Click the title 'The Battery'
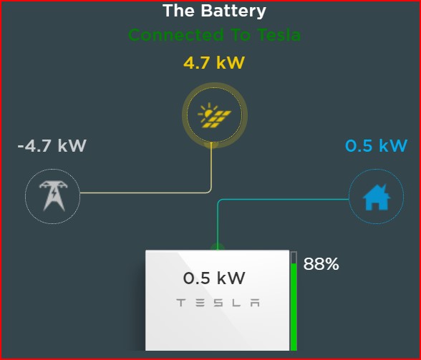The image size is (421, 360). pyautogui.click(x=214, y=11)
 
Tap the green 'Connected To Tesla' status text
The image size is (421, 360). pyautogui.click(x=214, y=35)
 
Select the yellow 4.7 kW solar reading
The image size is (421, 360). pyautogui.click(x=214, y=63)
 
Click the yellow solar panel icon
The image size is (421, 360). pyautogui.click(x=215, y=115)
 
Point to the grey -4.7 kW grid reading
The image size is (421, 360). pyautogui.click(x=52, y=146)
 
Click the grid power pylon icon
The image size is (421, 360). pyautogui.click(x=53, y=195)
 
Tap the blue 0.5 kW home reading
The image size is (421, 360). pyautogui.click(x=376, y=146)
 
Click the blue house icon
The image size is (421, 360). pyautogui.click(x=377, y=197)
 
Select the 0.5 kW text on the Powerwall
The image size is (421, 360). pyautogui.click(x=214, y=278)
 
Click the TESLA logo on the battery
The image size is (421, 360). pyautogui.click(x=218, y=303)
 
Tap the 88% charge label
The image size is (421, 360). pyautogui.click(x=321, y=264)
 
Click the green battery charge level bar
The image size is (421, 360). pyautogui.click(x=294, y=307)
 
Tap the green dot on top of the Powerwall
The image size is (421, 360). pyautogui.click(x=218, y=247)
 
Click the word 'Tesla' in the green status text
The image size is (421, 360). pyautogui.click(x=279, y=35)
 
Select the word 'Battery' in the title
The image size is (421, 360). pyautogui.click(x=233, y=11)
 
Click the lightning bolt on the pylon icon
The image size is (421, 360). pyautogui.click(x=54, y=193)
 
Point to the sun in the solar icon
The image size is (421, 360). pyautogui.click(x=208, y=112)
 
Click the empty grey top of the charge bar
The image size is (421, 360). pyautogui.click(x=294, y=258)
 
